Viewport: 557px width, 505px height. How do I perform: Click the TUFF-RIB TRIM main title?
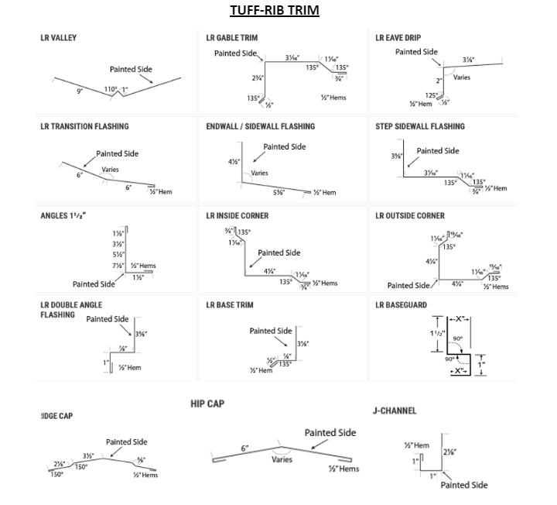(x=274, y=11)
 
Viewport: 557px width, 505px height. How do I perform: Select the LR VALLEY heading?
(x=59, y=38)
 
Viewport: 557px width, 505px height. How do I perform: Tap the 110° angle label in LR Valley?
(x=111, y=90)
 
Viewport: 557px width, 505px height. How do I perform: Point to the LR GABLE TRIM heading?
(x=232, y=38)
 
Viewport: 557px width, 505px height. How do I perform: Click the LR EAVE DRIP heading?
(x=398, y=38)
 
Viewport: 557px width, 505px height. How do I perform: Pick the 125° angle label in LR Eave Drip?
(x=431, y=95)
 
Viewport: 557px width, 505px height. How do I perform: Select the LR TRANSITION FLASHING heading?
(x=84, y=126)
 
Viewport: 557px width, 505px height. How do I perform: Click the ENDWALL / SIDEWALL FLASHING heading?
(x=260, y=126)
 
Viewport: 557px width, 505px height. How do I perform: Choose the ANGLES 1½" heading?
(x=63, y=216)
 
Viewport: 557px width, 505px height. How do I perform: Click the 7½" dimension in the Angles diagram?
(x=118, y=266)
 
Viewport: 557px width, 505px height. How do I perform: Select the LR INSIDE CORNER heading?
(x=237, y=216)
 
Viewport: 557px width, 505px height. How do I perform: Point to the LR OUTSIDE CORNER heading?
(x=410, y=216)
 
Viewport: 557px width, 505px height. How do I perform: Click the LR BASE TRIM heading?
(x=230, y=305)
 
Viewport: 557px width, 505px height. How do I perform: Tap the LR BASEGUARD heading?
(x=401, y=305)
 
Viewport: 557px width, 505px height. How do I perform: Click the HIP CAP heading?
(x=207, y=404)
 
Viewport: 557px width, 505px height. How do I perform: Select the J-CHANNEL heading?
(x=395, y=411)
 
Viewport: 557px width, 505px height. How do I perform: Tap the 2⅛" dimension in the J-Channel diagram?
(x=449, y=452)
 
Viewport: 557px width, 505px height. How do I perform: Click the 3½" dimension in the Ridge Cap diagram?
(x=88, y=455)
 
